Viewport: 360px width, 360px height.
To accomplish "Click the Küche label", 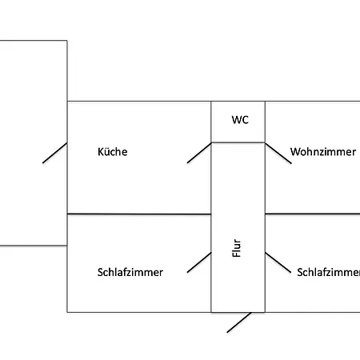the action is point(113,152).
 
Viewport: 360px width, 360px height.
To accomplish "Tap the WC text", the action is point(240,120).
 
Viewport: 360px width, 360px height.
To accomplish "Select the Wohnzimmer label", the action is point(323,152).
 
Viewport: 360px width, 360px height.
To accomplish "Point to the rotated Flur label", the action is point(237,248).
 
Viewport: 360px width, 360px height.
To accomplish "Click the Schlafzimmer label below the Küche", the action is point(130,272).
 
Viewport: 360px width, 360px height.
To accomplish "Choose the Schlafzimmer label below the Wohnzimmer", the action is point(329,272).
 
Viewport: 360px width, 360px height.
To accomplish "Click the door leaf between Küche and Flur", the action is point(199,153).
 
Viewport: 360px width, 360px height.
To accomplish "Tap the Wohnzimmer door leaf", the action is point(278,154).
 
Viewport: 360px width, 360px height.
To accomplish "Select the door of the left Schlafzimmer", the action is point(199,262).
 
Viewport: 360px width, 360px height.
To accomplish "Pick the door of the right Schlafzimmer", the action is point(278,262).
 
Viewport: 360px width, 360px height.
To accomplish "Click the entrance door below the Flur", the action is point(239,322).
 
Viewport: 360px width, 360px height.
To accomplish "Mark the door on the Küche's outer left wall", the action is point(54,153).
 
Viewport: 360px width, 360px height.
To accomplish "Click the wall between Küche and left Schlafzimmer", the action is point(139,214).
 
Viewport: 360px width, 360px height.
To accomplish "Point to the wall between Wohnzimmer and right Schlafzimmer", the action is point(313,214).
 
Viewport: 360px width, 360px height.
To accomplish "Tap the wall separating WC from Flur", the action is point(238,142).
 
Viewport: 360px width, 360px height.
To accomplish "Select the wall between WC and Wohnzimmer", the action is point(265,122).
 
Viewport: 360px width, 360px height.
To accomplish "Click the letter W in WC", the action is point(237,120).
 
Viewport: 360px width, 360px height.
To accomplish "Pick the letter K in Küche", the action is point(100,152).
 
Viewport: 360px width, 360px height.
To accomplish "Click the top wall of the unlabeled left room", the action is point(34,41).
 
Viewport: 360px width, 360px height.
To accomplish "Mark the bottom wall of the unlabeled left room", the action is point(34,246).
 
